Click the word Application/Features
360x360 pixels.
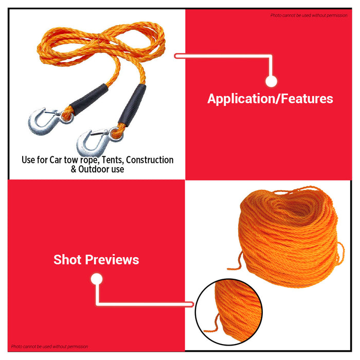270,99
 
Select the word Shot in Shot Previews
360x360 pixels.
68,260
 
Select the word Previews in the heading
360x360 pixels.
113,260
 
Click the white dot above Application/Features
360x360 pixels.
272,81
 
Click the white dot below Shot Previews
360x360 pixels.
97,279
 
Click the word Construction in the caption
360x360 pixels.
150,160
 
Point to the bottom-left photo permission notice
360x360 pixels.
49,347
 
